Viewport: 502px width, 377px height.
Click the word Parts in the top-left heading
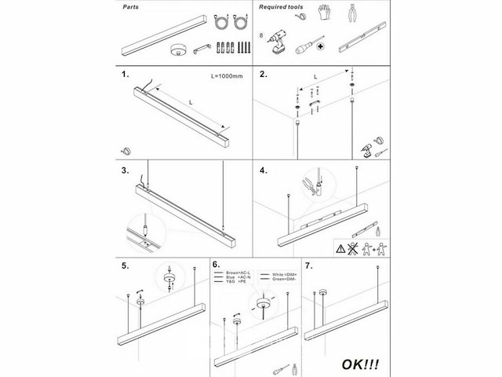(x=135, y=5)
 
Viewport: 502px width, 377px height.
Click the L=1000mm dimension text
(x=226, y=78)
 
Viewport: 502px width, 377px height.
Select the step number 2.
(x=264, y=76)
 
